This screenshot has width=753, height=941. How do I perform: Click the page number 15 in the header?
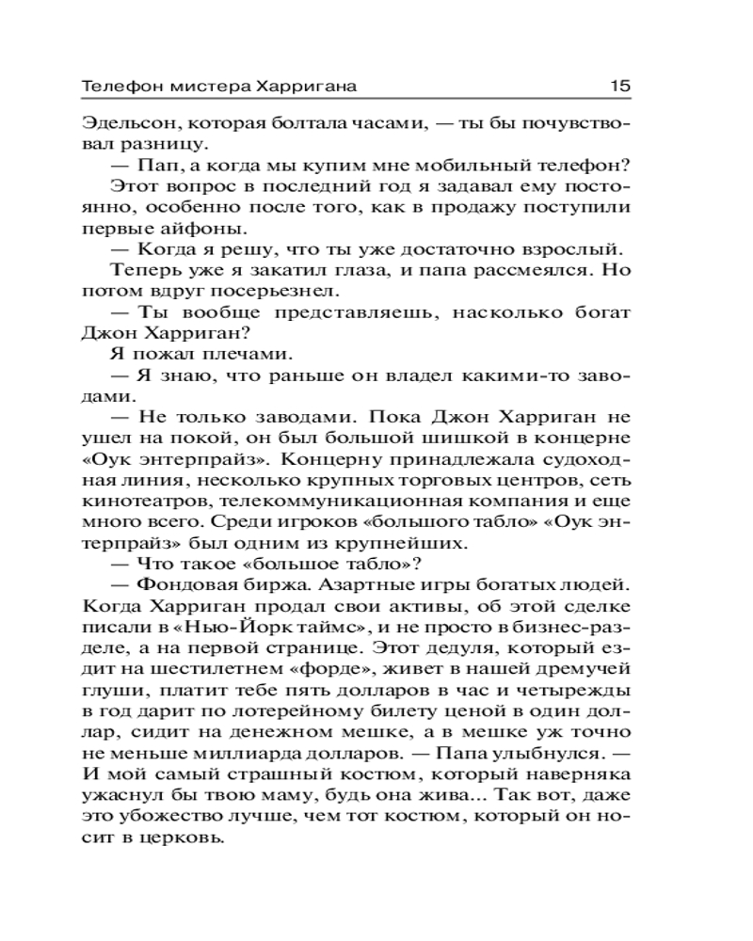[618, 85]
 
